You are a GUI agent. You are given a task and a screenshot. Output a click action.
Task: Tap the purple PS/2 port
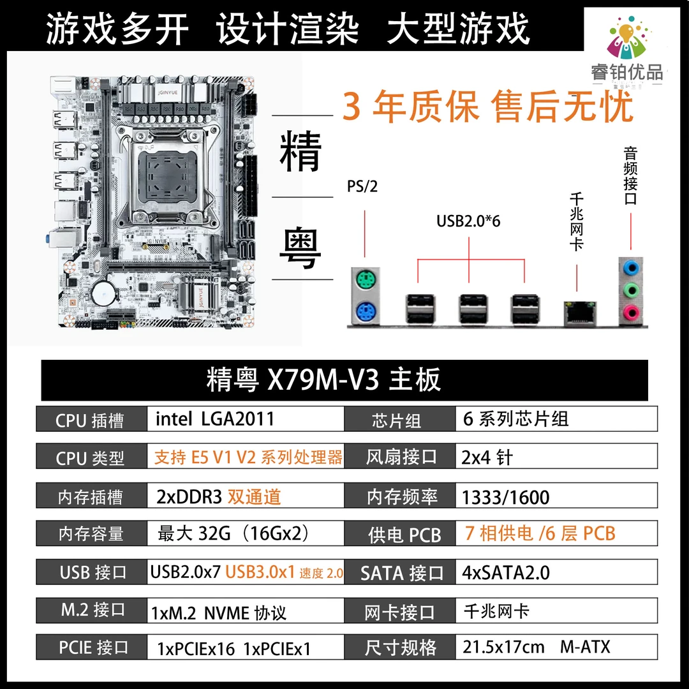pyautogui.click(x=366, y=313)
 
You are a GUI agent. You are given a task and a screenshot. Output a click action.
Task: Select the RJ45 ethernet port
pyautogui.click(x=580, y=313)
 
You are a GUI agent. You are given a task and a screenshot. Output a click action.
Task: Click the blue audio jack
pyautogui.click(x=631, y=267)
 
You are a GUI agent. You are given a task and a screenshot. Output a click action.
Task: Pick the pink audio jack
pyautogui.click(x=631, y=313)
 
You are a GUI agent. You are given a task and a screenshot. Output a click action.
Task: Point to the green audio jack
pyautogui.click(x=631, y=290)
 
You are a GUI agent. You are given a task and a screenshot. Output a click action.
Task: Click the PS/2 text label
pyautogui.click(x=362, y=186)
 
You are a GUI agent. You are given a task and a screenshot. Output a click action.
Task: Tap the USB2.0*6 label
pyautogui.click(x=468, y=221)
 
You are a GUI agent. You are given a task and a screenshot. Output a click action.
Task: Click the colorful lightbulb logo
pyautogui.click(x=628, y=38)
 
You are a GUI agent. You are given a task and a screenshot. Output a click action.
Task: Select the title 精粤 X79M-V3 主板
pyautogui.click(x=323, y=380)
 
